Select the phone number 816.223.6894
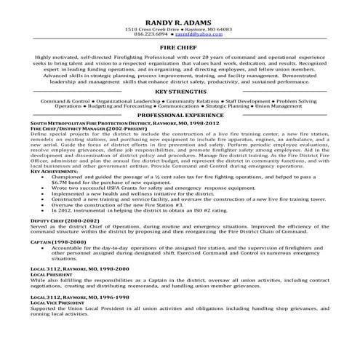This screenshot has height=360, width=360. (x=155, y=34)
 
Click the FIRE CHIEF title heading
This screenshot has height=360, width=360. (x=180, y=45)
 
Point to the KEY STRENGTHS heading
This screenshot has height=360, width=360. (x=180, y=93)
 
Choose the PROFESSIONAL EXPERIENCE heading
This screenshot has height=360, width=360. (x=180, y=116)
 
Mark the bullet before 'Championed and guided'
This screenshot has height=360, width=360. (x=54, y=177)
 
